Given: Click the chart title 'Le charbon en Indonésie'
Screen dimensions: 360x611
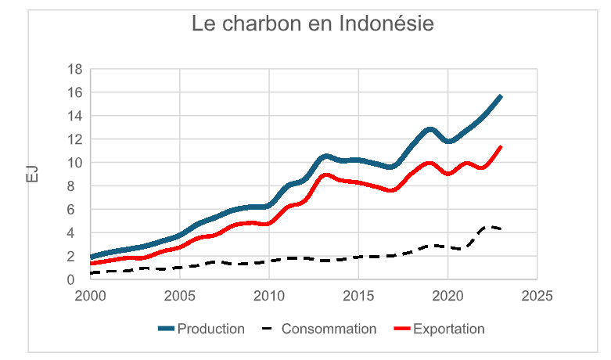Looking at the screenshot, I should click(x=313, y=24).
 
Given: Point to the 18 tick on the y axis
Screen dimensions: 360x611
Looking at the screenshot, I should click(x=75, y=69).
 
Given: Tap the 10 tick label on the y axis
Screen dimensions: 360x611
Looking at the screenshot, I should click(x=75, y=163).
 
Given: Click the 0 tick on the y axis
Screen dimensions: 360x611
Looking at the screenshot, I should click(x=79, y=280).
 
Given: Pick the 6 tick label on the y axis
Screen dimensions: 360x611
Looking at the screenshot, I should click(x=79, y=210).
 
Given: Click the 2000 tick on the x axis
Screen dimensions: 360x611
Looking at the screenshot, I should click(x=91, y=297).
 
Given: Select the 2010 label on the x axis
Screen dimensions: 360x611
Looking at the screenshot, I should click(x=269, y=297).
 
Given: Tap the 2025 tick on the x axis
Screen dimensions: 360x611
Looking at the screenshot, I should click(x=537, y=297).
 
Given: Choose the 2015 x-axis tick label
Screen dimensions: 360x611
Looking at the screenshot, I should click(x=358, y=297).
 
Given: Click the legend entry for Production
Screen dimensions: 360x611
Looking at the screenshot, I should click(x=210, y=329).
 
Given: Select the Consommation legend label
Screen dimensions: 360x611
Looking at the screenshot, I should click(x=329, y=329).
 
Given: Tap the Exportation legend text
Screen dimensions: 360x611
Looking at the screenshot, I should click(x=448, y=329).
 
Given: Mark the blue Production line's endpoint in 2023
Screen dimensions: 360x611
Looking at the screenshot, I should click(x=501, y=95).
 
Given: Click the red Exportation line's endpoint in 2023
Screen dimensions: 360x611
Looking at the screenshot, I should click(x=501, y=146).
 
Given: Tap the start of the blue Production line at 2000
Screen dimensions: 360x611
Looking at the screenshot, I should click(x=92, y=257).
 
